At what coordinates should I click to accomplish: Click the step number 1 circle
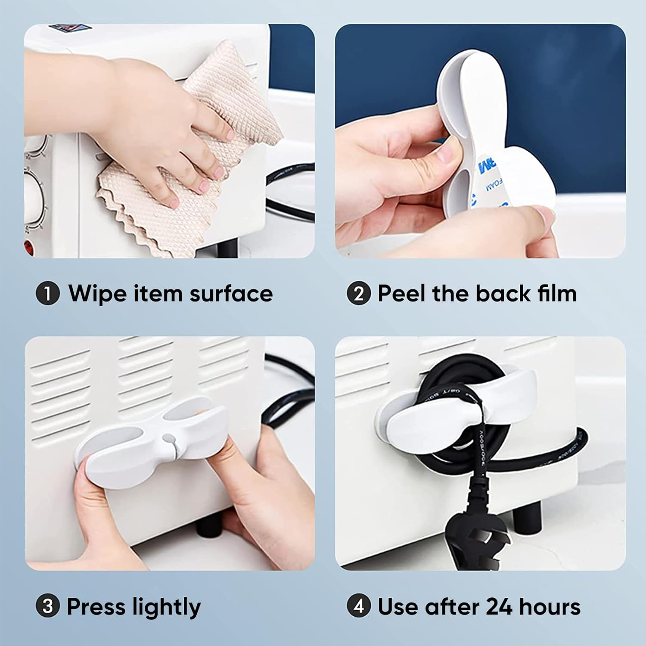47,294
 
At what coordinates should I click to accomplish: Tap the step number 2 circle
358,294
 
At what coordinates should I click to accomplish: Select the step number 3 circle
47,606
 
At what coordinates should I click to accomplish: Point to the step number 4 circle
358,606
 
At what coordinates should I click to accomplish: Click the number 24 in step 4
499,606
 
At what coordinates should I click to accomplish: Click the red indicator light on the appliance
29,247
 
